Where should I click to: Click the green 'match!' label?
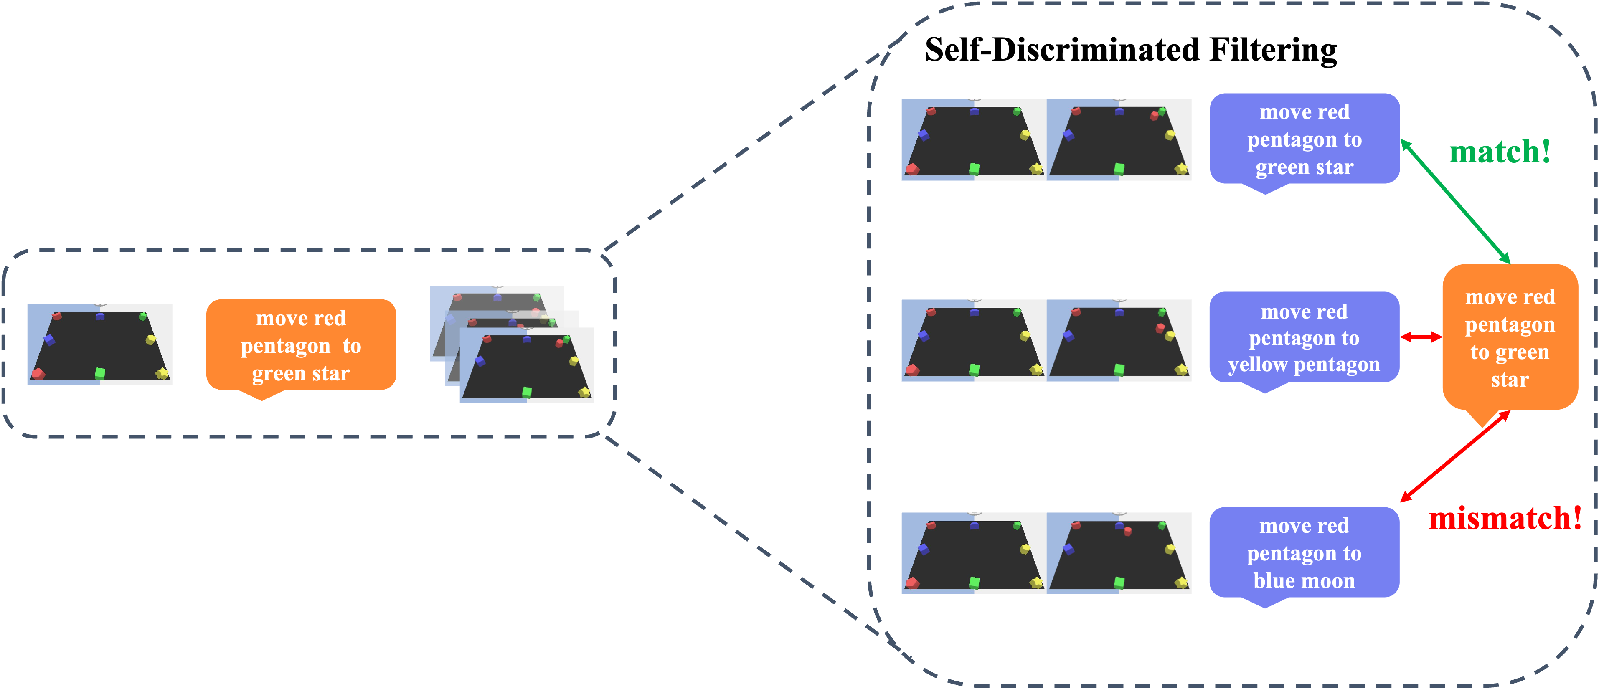pyautogui.click(x=1500, y=152)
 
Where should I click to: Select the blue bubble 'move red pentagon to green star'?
pyautogui.click(x=1305, y=139)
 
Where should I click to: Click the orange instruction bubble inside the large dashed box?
pyautogui.click(x=1510, y=338)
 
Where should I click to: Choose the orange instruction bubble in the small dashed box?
pyautogui.click(x=301, y=345)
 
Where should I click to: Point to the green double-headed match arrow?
pyautogui.click(x=1456, y=202)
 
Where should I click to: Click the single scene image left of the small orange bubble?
pyautogui.click(x=100, y=344)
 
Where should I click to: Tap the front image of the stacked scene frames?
pyautogui.click(x=527, y=365)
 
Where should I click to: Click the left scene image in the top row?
pyautogui.click(x=974, y=139)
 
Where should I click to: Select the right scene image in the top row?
pyautogui.click(x=1119, y=139)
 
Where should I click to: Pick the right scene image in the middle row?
pyautogui.click(x=1119, y=340)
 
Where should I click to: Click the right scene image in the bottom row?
pyautogui.click(x=1119, y=553)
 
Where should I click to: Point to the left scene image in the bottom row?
pyautogui.click(x=974, y=553)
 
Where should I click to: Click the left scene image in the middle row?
pyautogui.click(x=974, y=340)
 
